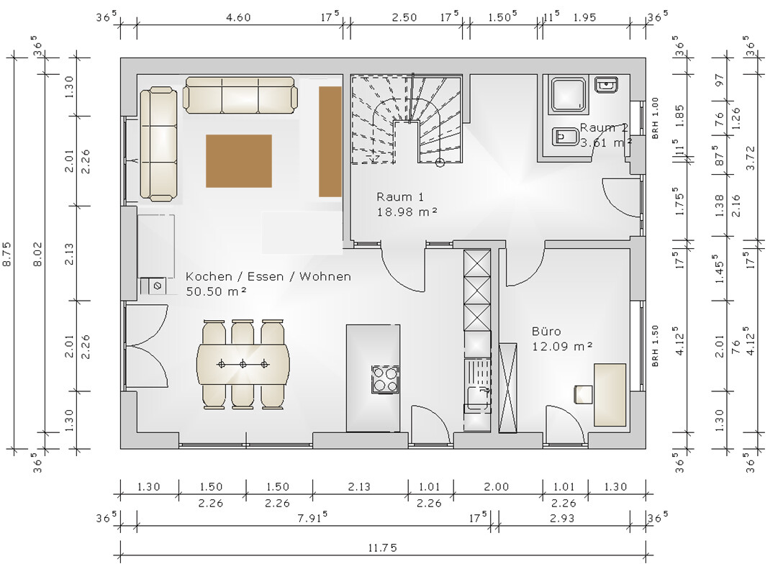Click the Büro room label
pyautogui.click(x=546, y=331)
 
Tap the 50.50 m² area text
pyautogui.click(x=216, y=291)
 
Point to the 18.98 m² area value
pyautogui.click(x=407, y=211)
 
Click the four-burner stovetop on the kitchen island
pyautogui.click(x=385, y=379)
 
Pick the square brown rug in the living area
pyautogui.click(x=239, y=160)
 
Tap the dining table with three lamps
pyautogui.click(x=243, y=364)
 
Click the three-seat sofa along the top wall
pyautogui.click(x=240, y=96)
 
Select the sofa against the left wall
pyautogui.click(x=159, y=145)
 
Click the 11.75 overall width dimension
pyautogui.click(x=383, y=548)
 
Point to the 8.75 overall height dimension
pyautogui.click(x=8, y=253)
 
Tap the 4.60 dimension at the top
pyautogui.click(x=238, y=17)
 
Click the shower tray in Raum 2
pyautogui.click(x=568, y=94)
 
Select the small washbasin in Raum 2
pyautogui.click(x=606, y=84)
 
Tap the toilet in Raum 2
pyautogui.click(x=565, y=136)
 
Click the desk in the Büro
pyautogui.click(x=610, y=395)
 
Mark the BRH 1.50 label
pyautogui.click(x=655, y=346)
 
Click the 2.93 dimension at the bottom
pyautogui.click(x=562, y=518)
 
